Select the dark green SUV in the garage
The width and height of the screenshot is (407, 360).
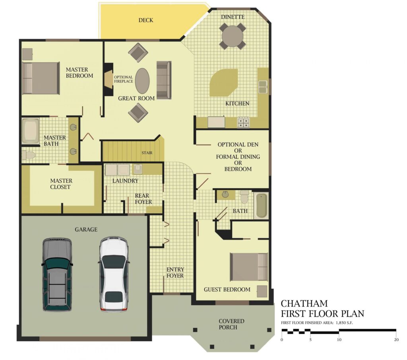(x=57, y=274)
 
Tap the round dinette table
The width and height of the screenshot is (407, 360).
(x=233, y=36)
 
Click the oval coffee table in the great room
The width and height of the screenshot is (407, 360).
(x=142, y=81)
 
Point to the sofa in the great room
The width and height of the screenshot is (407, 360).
(x=164, y=80)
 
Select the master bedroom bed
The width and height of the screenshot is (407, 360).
(x=41, y=78)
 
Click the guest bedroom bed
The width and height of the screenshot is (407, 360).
(x=249, y=267)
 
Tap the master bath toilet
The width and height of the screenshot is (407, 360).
(x=28, y=155)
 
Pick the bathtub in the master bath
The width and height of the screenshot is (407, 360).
(x=31, y=131)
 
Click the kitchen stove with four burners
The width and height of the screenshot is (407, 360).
(x=243, y=122)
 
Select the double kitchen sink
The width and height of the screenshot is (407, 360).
(x=263, y=87)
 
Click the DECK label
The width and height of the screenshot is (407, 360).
(x=145, y=20)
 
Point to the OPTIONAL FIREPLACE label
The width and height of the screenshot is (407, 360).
(x=124, y=79)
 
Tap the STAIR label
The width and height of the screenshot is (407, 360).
(x=147, y=153)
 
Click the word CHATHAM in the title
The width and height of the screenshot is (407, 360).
(x=304, y=304)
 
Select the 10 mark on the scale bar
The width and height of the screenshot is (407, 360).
(x=339, y=339)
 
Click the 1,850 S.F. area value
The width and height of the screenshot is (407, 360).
(x=344, y=323)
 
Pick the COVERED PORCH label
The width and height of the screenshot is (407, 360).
(x=231, y=324)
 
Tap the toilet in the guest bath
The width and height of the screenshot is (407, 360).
(x=244, y=197)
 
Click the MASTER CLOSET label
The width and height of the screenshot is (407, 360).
(x=61, y=184)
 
